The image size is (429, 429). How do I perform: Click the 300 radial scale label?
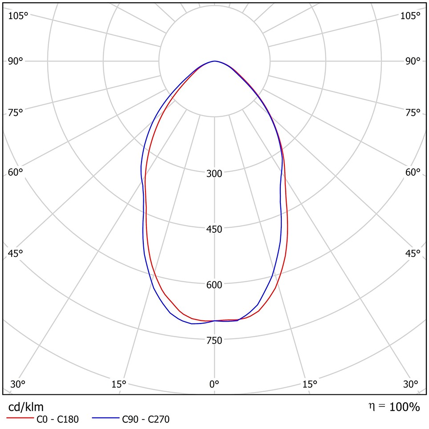point(214,174)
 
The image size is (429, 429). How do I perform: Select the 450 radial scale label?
point(214,229)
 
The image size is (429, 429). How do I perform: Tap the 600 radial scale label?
point(214,285)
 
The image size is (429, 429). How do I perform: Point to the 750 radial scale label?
point(214,340)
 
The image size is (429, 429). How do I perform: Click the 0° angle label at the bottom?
point(214,384)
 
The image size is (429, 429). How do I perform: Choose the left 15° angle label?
point(119,384)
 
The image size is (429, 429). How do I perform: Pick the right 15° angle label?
point(310,384)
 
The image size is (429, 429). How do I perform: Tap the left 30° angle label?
point(18,384)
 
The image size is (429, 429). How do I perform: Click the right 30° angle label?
point(410,384)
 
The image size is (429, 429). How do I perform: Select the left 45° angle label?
point(16,254)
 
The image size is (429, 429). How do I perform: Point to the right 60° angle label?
point(413,172)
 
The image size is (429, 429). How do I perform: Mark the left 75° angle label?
point(16,113)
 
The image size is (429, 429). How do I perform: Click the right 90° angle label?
point(413,61)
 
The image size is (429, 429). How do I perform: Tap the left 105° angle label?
point(18,16)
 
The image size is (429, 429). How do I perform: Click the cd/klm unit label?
point(26,407)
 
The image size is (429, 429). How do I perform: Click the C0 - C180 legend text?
point(57,419)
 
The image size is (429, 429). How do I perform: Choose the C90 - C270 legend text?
point(146,419)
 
